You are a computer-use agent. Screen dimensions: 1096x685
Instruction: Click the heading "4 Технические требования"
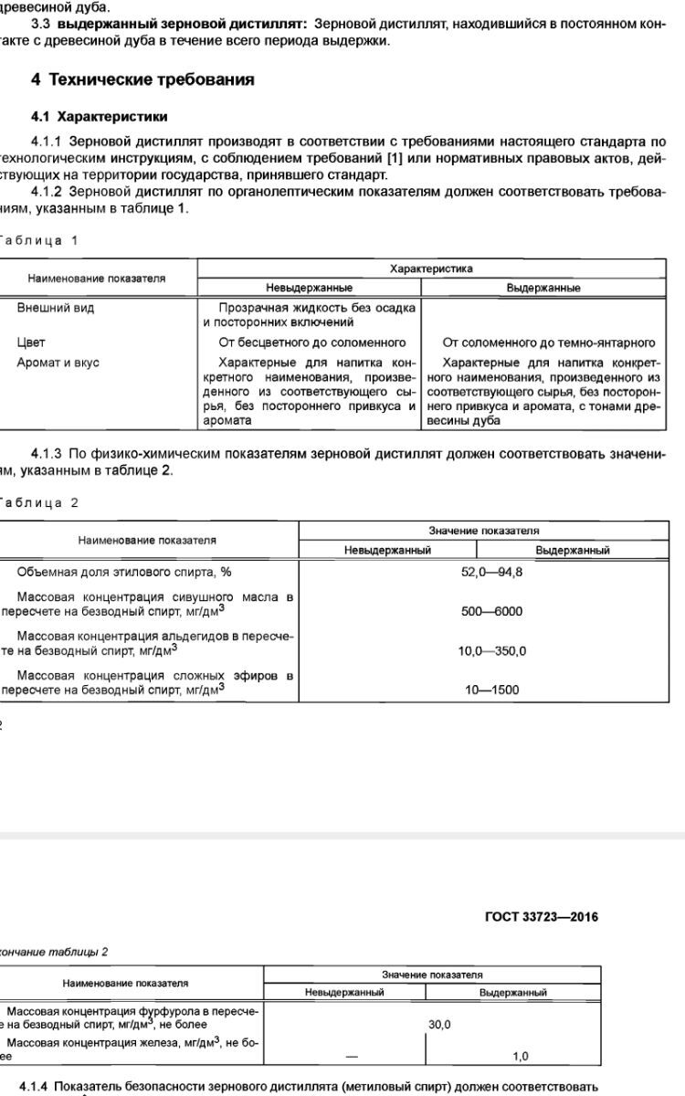click(x=142, y=79)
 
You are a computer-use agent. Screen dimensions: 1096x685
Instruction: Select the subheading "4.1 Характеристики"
click(x=100, y=117)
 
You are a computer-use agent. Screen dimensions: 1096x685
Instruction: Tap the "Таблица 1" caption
click(x=37, y=240)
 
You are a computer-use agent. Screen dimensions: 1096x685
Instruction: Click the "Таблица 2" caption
click(x=37, y=502)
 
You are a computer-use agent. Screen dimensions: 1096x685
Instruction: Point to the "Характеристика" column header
click(x=431, y=269)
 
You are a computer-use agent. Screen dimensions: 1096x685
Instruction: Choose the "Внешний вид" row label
click(x=55, y=308)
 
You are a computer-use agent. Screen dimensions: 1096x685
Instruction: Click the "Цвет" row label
click(x=31, y=342)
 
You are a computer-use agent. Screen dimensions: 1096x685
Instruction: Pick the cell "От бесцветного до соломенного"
click(x=311, y=342)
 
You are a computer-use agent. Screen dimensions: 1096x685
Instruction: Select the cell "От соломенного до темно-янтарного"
click(x=549, y=342)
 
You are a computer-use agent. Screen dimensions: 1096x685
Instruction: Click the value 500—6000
click(x=491, y=612)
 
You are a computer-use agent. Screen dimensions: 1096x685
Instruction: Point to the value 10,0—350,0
click(x=491, y=651)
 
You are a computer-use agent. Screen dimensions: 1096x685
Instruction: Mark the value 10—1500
click(x=491, y=690)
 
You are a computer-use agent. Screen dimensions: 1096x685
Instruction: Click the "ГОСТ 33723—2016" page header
click(x=542, y=916)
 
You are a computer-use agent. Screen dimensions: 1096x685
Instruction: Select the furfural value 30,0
click(x=439, y=1025)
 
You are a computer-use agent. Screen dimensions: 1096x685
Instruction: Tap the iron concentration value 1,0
click(x=521, y=1057)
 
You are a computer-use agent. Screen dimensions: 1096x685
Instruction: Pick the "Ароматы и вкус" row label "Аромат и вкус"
click(x=58, y=363)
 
